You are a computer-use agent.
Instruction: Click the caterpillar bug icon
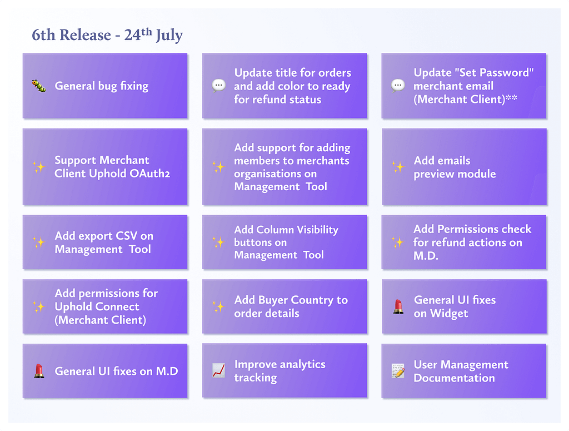(x=39, y=86)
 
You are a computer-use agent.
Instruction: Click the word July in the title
(x=169, y=35)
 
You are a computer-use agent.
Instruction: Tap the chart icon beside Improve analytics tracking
(x=218, y=371)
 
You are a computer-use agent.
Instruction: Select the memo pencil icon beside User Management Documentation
(x=398, y=371)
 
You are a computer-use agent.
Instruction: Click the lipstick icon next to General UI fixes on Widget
(x=398, y=306)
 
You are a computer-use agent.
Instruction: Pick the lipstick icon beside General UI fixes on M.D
(x=39, y=371)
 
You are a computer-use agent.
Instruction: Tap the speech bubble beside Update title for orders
(x=219, y=86)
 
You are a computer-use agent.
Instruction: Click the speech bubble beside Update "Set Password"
(x=398, y=86)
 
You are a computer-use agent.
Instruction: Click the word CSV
(x=126, y=236)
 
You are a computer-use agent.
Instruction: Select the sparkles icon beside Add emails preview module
(x=398, y=167)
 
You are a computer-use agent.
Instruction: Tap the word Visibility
(x=317, y=230)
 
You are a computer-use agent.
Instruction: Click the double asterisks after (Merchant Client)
(x=511, y=98)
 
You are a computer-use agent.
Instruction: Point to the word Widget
(x=449, y=314)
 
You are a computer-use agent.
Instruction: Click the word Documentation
(x=454, y=378)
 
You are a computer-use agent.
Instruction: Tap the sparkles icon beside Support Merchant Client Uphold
(x=39, y=167)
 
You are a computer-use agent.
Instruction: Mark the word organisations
(x=275, y=174)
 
